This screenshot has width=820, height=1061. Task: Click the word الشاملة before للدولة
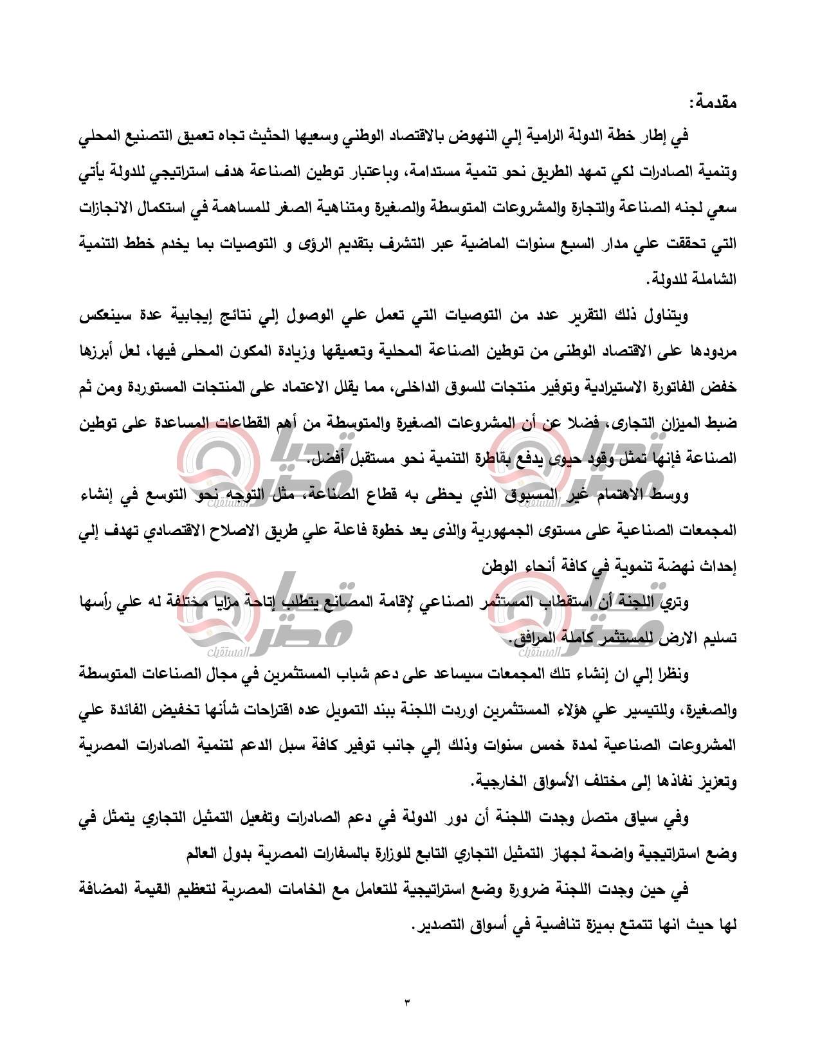(715, 280)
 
